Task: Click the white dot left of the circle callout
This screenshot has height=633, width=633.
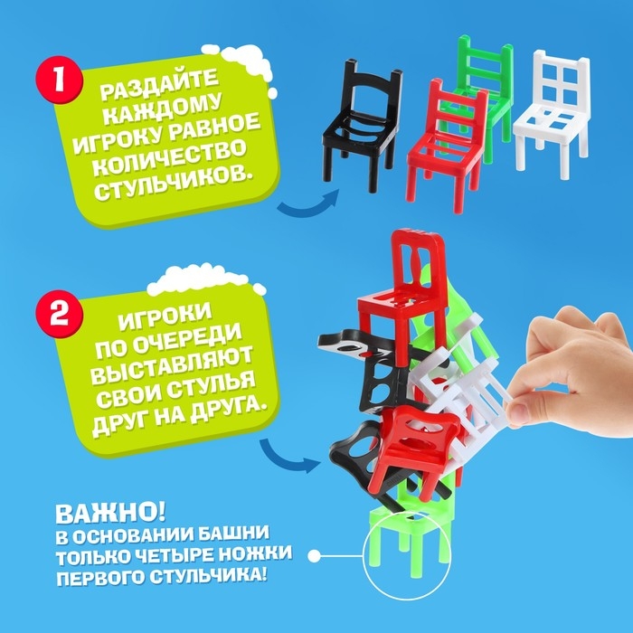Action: (314, 554)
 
